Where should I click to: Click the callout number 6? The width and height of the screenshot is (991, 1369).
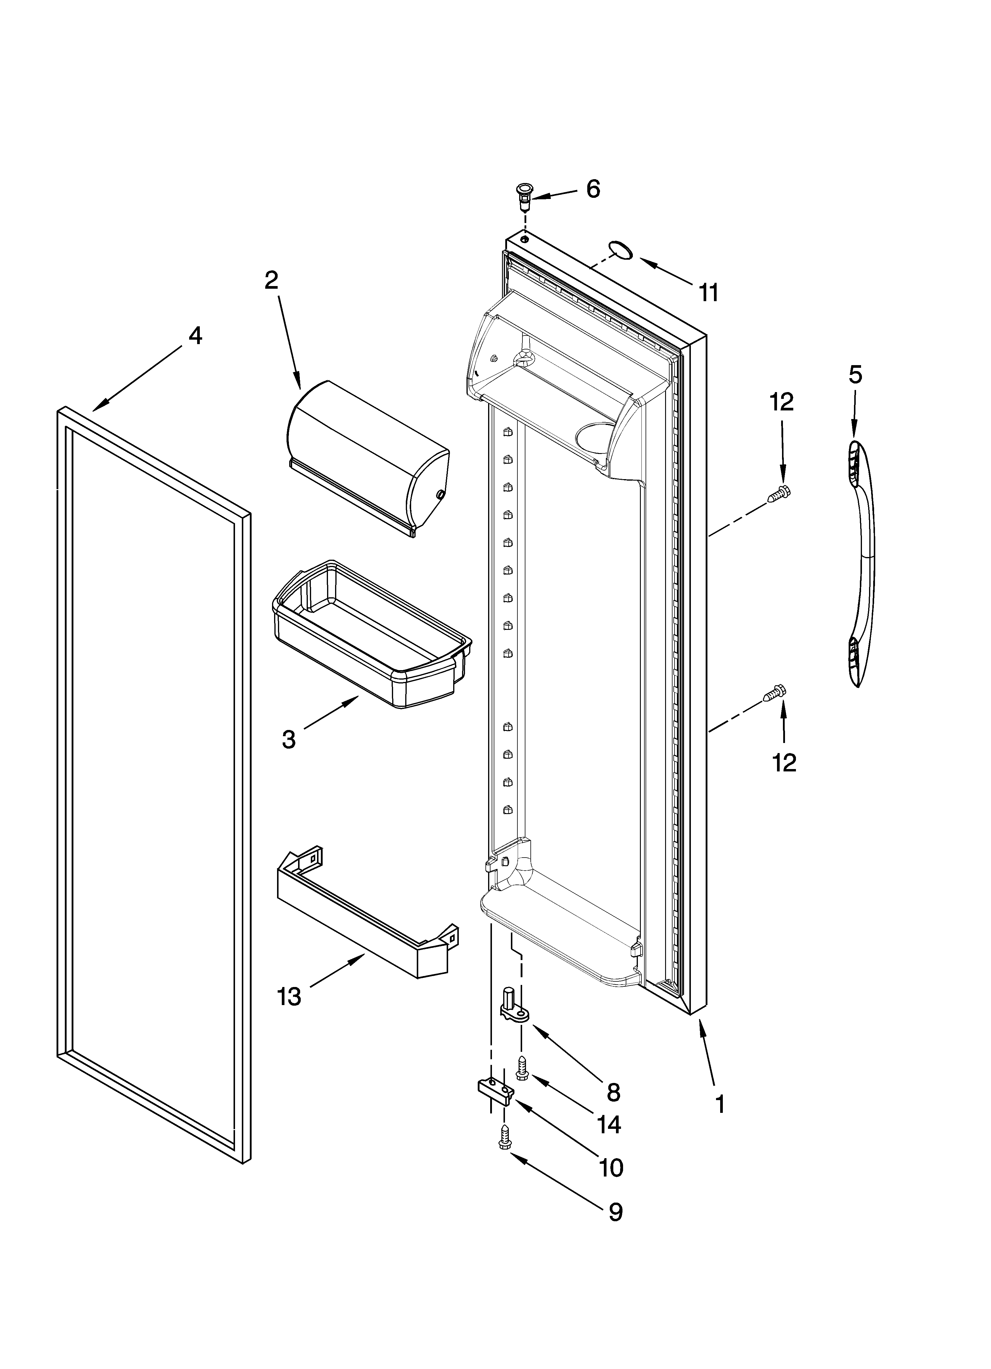click(x=593, y=190)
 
